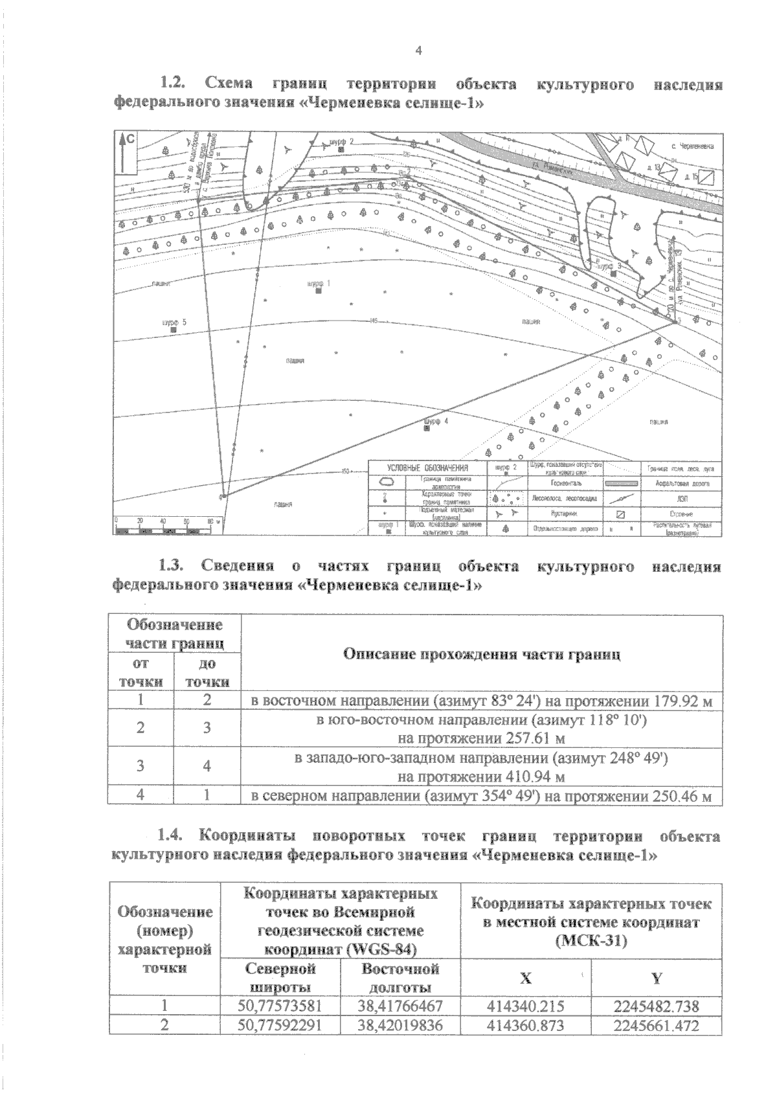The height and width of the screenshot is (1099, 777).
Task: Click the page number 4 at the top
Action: [418, 51]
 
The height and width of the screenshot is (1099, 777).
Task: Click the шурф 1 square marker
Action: [318, 291]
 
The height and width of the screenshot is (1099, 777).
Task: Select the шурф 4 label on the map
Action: [433, 421]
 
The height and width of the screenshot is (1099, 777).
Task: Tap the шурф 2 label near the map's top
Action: [342, 141]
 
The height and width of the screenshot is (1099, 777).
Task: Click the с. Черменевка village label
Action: [693, 146]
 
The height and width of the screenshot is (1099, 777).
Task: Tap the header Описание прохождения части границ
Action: [482, 654]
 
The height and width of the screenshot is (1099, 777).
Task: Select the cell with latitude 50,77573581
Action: [280, 1006]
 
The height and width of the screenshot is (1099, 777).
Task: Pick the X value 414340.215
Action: [526, 1006]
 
